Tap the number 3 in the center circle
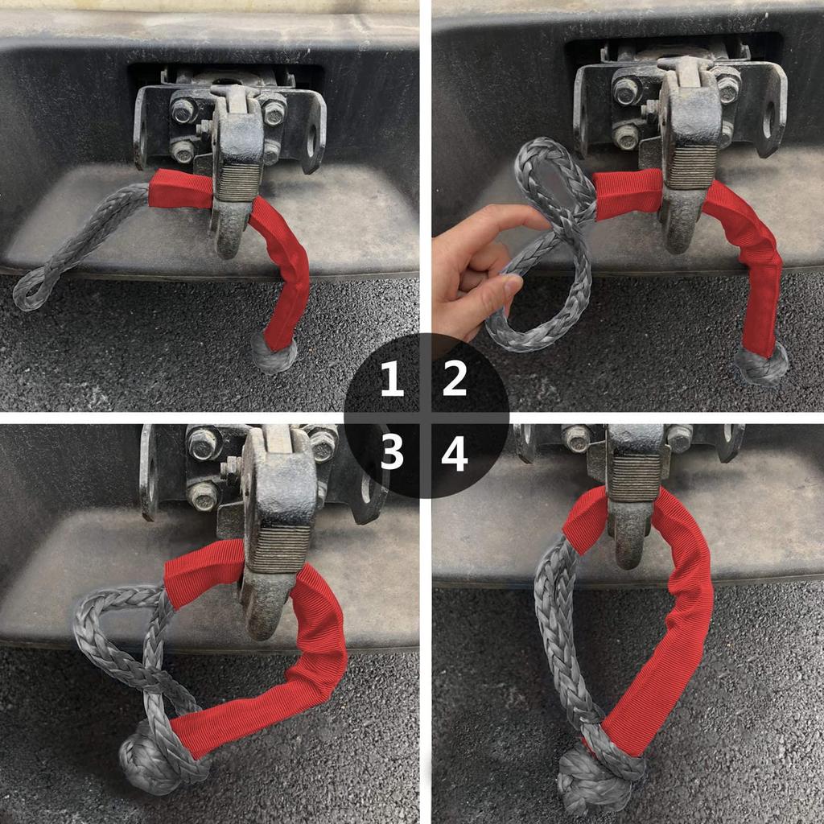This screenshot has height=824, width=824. point(392,455)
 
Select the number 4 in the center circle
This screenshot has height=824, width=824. point(455,455)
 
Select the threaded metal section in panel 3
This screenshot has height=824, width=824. point(278,549)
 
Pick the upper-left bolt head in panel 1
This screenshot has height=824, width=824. point(183,110)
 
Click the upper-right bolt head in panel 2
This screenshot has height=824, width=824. point(727,89)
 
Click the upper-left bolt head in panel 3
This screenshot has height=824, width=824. point(203,443)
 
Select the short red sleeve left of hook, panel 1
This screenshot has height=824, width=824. point(180,190)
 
